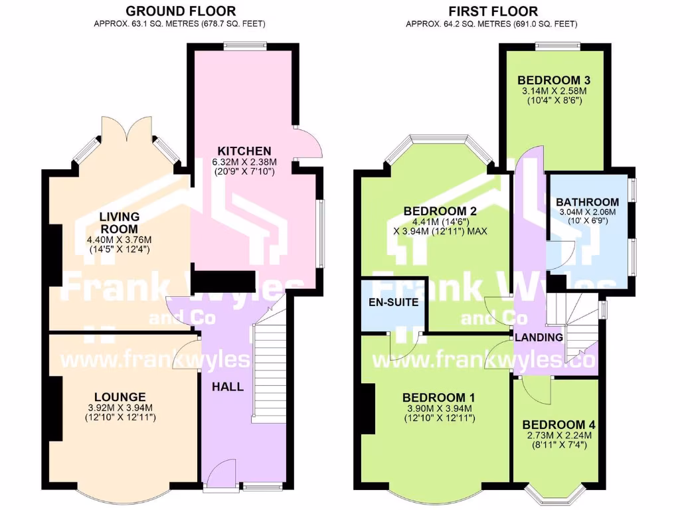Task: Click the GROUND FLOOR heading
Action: tap(181, 11)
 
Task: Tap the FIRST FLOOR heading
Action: tap(493, 11)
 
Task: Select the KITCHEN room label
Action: tap(244, 151)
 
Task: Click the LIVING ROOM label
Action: tap(120, 222)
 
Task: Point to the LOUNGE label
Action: tap(120, 397)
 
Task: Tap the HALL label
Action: tap(228, 386)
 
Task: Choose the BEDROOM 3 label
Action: tap(554, 80)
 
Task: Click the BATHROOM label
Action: tap(587, 202)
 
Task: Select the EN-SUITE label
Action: tap(394, 302)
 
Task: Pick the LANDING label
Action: tap(539, 337)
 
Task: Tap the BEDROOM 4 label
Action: tap(558, 424)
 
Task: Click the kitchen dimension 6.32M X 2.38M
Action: tap(244, 162)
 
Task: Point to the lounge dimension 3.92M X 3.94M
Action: tap(120, 408)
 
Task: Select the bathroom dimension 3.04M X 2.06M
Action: tap(588, 212)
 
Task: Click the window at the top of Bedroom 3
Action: tap(557, 46)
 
